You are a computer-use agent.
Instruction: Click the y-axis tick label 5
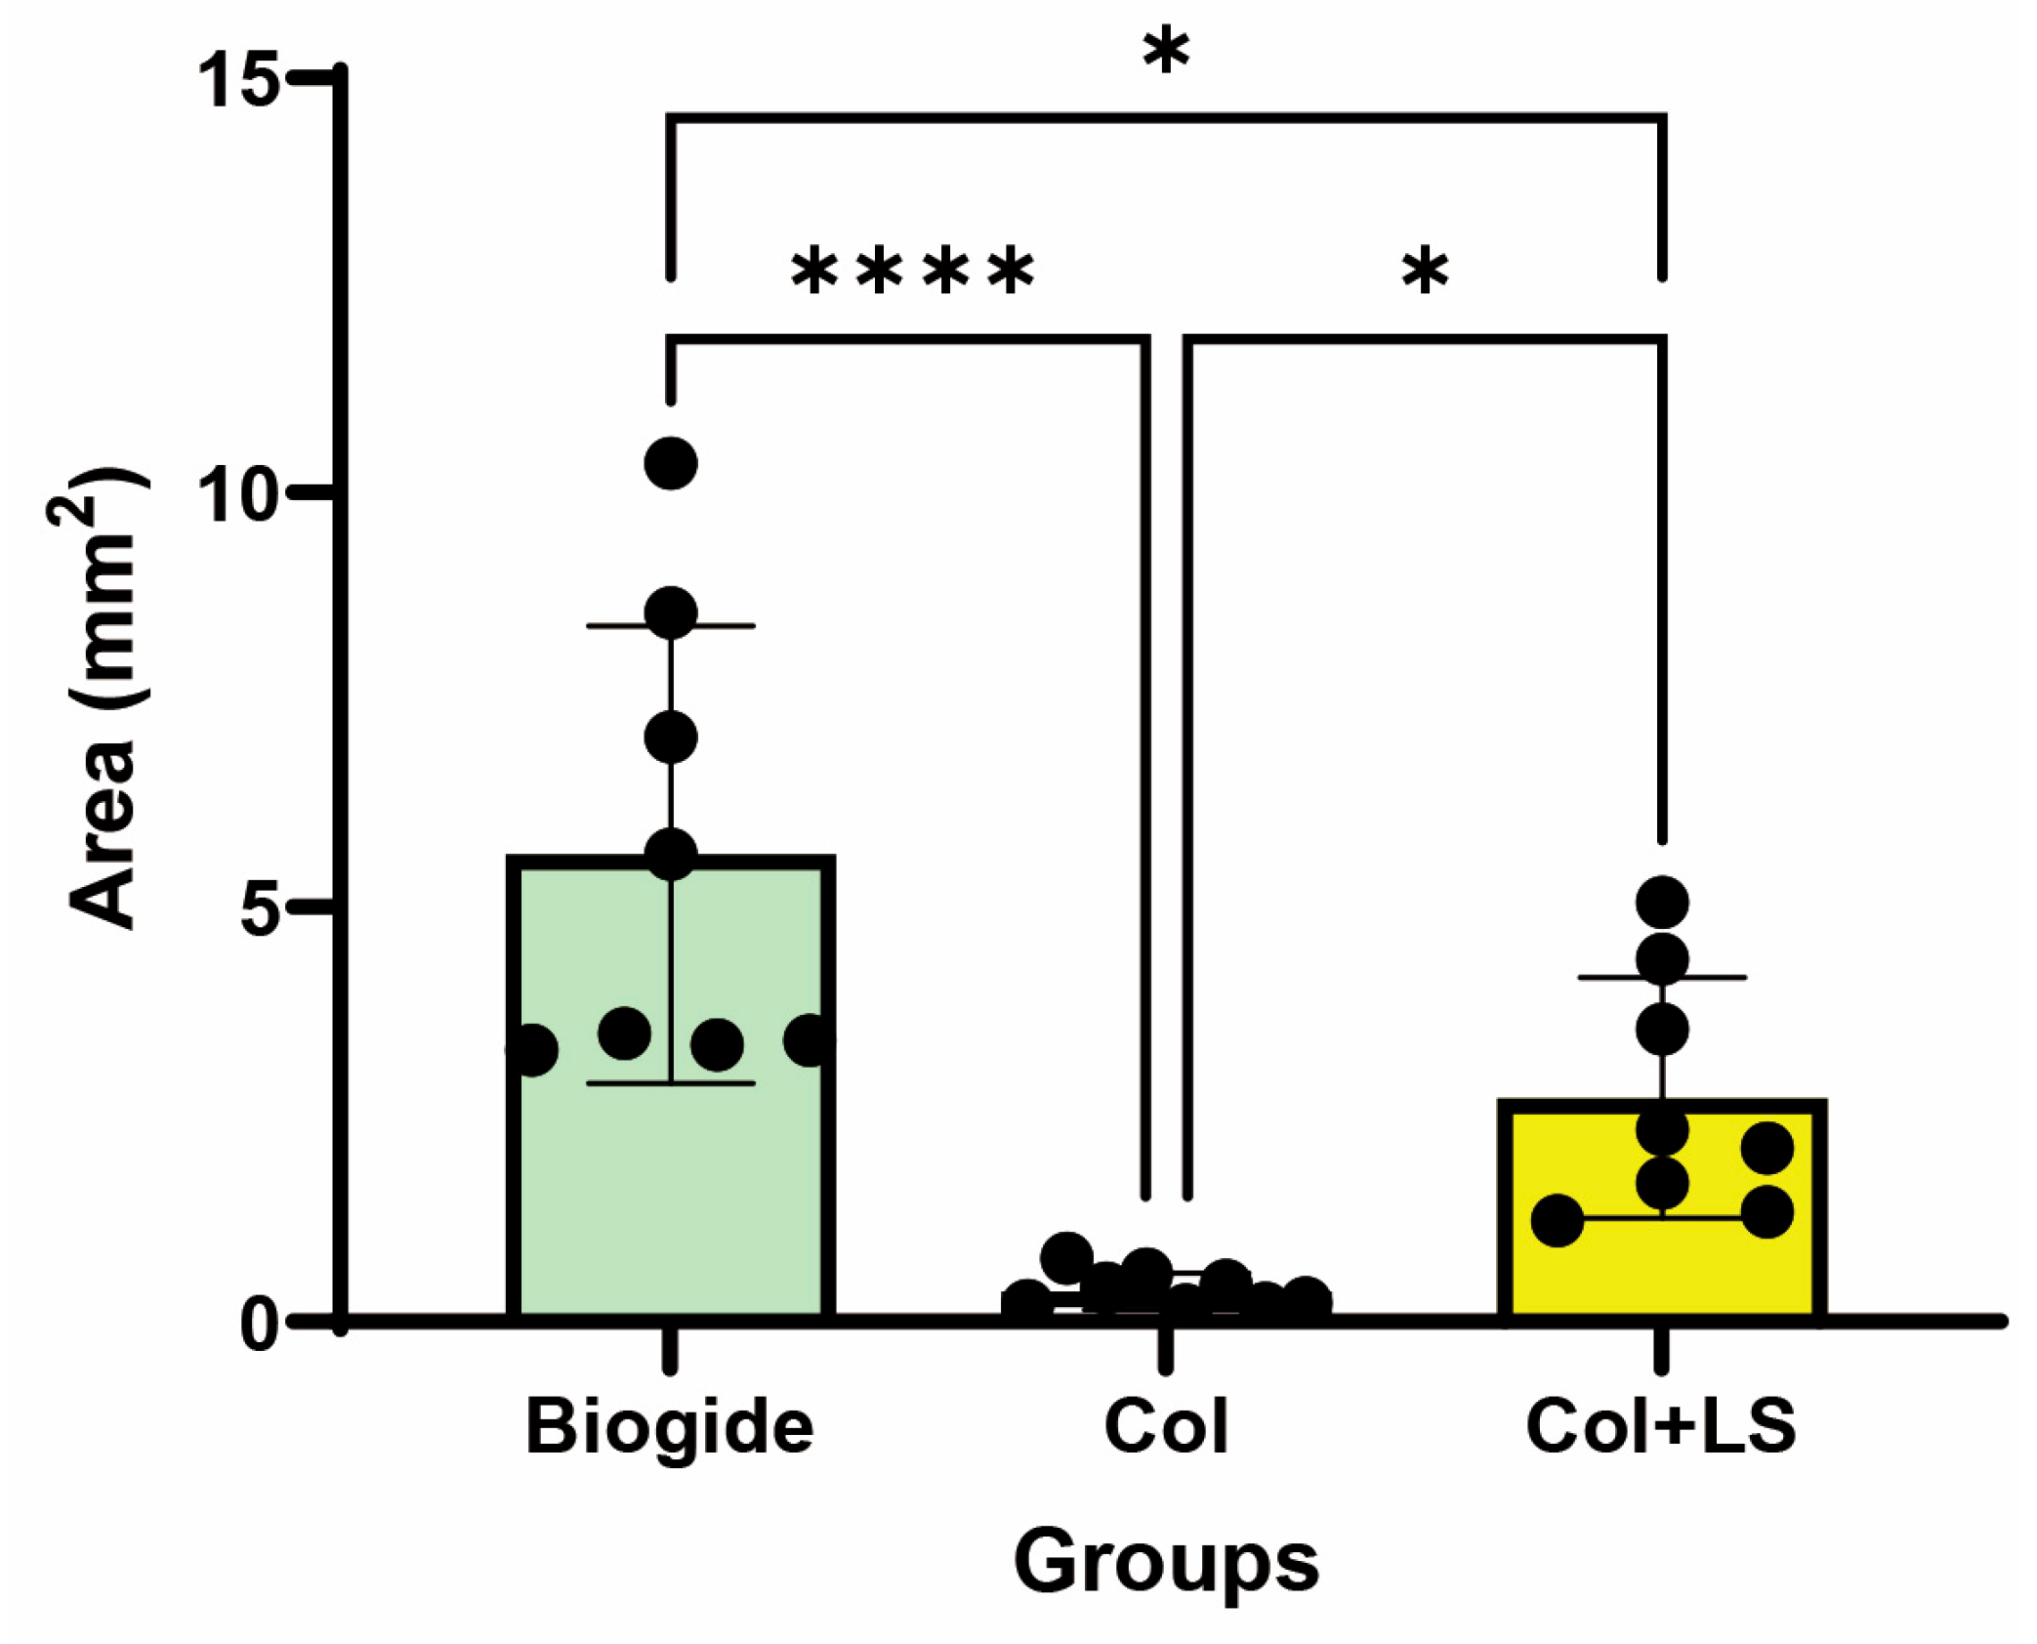tap(258, 908)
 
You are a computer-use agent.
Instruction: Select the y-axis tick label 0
tap(260, 1325)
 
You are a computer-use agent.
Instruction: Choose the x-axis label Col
tap(1165, 1427)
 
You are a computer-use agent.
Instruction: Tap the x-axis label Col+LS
tap(1661, 1427)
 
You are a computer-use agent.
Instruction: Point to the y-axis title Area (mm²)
tap(103, 698)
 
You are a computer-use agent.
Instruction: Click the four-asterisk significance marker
tap(913, 271)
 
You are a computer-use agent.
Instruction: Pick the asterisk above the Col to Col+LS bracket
tap(1425, 271)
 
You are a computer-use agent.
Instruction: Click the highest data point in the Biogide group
tap(671, 463)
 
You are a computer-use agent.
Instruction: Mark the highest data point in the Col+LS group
tap(1662, 902)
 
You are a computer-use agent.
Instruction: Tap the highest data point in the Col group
tap(1067, 1257)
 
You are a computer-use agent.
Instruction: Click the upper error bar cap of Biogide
tap(671, 625)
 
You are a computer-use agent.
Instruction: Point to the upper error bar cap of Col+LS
tap(1662, 977)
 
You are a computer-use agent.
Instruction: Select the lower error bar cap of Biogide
tap(671, 1083)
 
